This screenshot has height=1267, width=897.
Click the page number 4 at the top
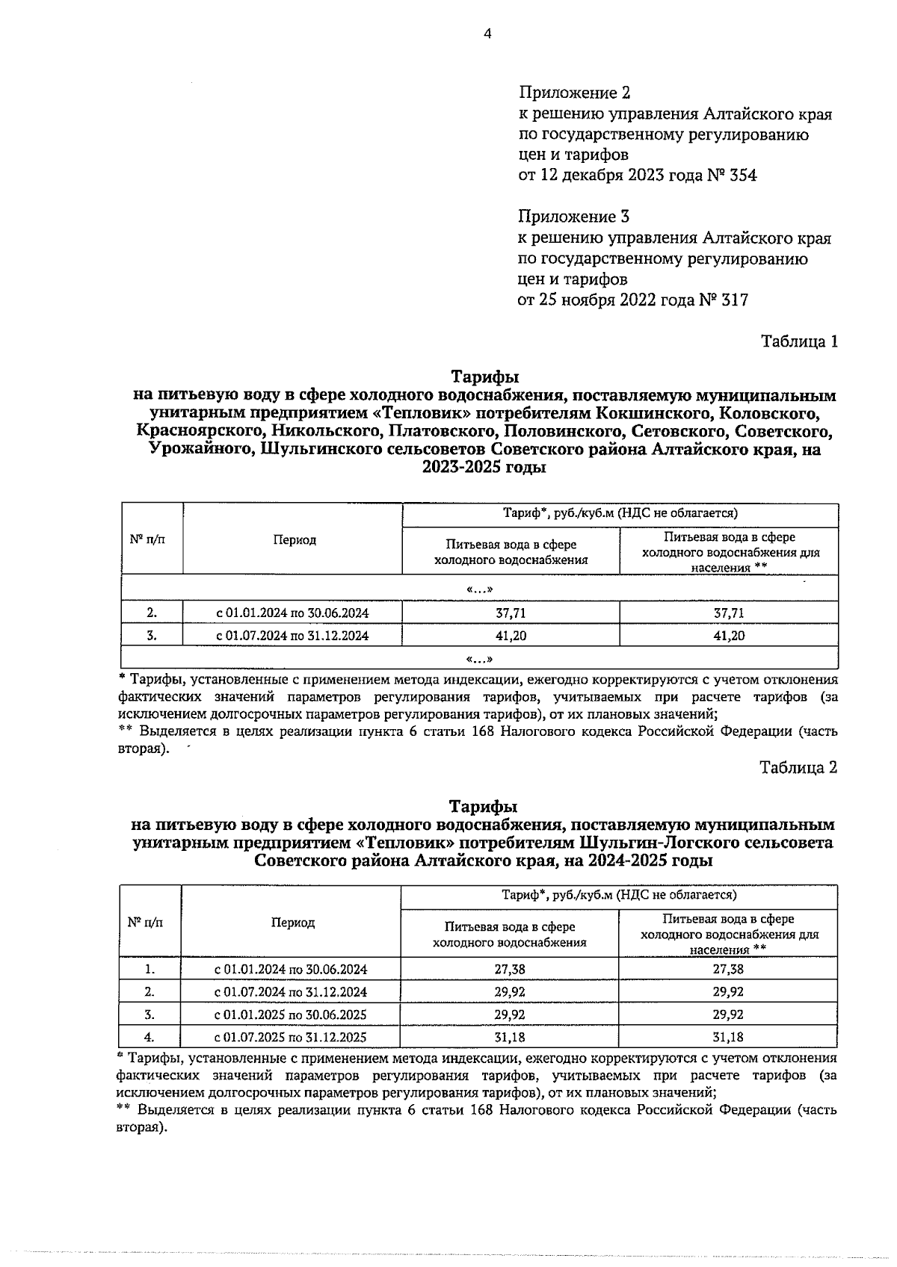point(487,33)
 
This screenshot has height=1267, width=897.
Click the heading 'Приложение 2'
point(574,93)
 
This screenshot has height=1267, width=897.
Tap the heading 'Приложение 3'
point(573,217)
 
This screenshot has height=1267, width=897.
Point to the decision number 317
point(733,300)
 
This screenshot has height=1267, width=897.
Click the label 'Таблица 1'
point(798,341)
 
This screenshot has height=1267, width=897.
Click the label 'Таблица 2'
point(798,767)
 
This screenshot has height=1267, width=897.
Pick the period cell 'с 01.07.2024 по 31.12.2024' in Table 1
point(292,636)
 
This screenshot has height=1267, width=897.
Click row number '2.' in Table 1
point(152,613)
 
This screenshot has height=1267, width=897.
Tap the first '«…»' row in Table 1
point(479,589)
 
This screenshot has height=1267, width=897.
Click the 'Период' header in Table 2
point(292,923)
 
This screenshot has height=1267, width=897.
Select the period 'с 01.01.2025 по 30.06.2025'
point(291,1014)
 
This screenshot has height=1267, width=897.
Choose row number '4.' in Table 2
point(149,1037)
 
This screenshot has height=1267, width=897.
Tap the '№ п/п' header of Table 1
point(147,539)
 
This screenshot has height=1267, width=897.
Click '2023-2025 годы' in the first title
point(484,468)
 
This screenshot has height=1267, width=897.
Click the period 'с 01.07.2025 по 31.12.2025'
point(291,1037)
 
